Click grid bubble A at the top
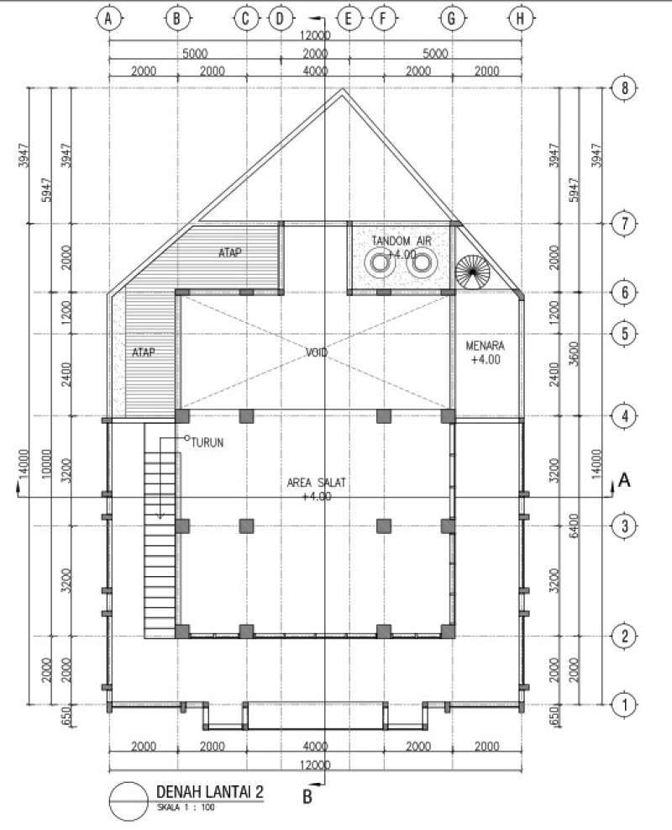tap(107, 18)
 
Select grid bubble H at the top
tap(522, 18)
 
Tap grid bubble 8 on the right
tap(622, 87)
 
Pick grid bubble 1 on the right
tap(622, 705)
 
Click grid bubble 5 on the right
tap(622, 333)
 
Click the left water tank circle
tap(380, 266)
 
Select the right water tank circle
tap(419, 266)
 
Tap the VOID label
tap(315, 353)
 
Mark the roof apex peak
tap(342, 90)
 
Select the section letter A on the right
tap(624, 479)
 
